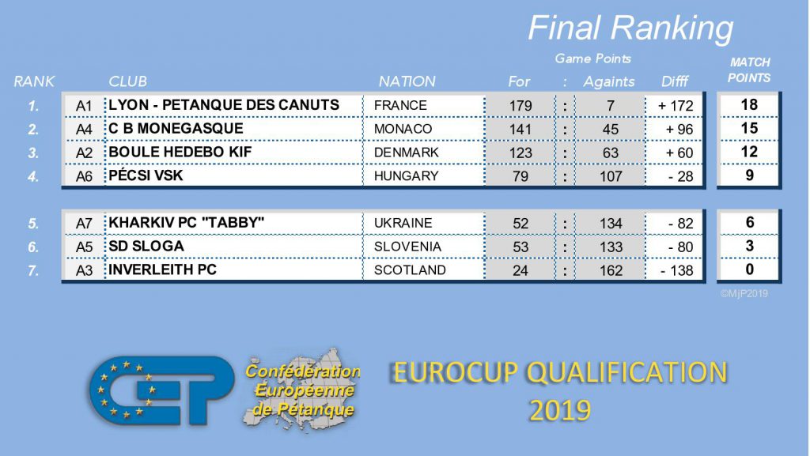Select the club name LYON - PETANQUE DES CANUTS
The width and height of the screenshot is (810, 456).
(x=224, y=105)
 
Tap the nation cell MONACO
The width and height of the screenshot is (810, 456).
(x=403, y=129)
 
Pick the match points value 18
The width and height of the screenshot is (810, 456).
(x=749, y=105)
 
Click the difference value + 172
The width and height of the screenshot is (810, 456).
(x=676, y=106)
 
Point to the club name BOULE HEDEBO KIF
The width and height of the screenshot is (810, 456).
(x=180, y=153)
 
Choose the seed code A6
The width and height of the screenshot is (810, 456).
(x=84, y=176)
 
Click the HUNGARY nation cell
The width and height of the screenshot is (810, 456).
(x=406, y=176)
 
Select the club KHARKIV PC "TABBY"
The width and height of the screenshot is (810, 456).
(x=186, y=223)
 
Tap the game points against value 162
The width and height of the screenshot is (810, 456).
(x=611, y=270)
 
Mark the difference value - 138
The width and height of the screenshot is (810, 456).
(x=676, y=270)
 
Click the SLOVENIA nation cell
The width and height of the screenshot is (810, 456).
(x=407, y=247)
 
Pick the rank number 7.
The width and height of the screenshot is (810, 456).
(x=33, y=270)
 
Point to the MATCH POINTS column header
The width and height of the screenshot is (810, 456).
(x=750, y=70)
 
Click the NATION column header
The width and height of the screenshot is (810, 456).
(x=407, y=81)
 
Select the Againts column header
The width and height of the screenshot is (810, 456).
(x=609, y=81)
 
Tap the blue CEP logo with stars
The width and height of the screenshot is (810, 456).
(x=160, y=390)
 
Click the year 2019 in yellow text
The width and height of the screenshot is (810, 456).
(x=560, y=411)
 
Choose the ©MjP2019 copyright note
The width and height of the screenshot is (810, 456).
(x=744, y=293)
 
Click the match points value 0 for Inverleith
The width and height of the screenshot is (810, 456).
(x=750, y=269)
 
